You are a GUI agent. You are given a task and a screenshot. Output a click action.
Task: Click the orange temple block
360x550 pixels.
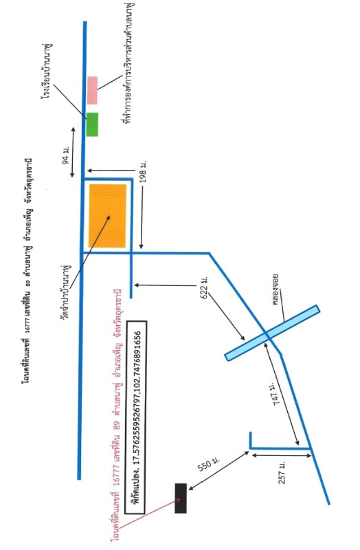(x=107, y=216)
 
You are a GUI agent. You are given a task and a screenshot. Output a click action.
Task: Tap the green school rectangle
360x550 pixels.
(x=92, y=124)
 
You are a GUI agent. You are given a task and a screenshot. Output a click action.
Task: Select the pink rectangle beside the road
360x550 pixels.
(x=92, y=90)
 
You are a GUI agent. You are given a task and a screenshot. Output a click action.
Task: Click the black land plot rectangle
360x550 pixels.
(x=181, y=498)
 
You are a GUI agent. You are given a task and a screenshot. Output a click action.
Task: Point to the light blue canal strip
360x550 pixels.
(x=272, y=333)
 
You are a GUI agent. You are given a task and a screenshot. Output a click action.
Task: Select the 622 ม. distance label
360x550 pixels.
(x=204, y=287)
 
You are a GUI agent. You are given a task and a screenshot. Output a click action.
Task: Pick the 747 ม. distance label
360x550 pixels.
(x=277, y=394)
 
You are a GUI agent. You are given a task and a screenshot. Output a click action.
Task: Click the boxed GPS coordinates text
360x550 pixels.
(x=135, y=417)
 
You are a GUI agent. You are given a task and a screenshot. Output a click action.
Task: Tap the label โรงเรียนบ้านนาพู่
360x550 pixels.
(x=46, y=71)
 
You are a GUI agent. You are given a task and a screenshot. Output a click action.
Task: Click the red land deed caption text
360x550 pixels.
(x=116, y=415)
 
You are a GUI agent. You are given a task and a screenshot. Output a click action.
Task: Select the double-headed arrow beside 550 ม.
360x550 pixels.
(x=218, y=471)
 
